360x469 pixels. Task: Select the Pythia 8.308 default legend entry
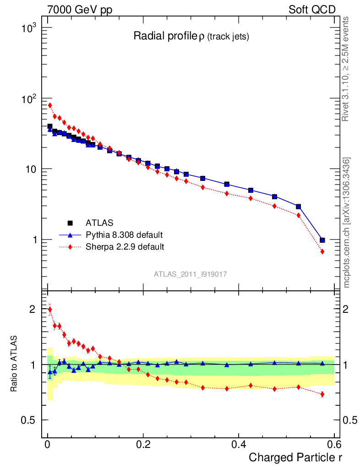124,235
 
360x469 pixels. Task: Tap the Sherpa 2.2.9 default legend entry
125,247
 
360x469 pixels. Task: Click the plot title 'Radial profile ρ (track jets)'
191,37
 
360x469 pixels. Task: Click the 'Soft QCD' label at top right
312,10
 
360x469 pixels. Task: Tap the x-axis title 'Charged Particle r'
295,457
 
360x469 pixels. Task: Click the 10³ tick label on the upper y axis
28,28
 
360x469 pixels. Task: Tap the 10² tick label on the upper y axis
28,99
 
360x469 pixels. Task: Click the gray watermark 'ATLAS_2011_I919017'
191,274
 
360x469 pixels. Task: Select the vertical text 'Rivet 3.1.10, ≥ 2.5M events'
346,69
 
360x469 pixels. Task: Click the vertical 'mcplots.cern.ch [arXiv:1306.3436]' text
347,223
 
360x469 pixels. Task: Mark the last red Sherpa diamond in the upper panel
322,251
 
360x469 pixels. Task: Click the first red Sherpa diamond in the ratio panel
50,310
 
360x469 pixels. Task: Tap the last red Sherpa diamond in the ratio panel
322,394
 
